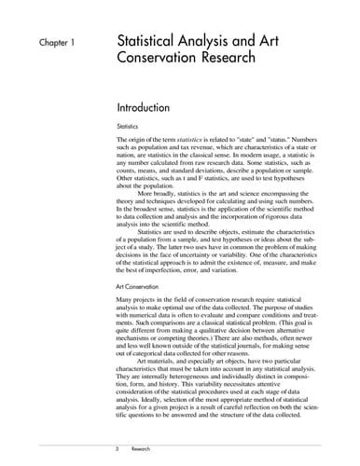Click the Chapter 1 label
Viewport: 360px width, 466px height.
[x=58, y=43]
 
